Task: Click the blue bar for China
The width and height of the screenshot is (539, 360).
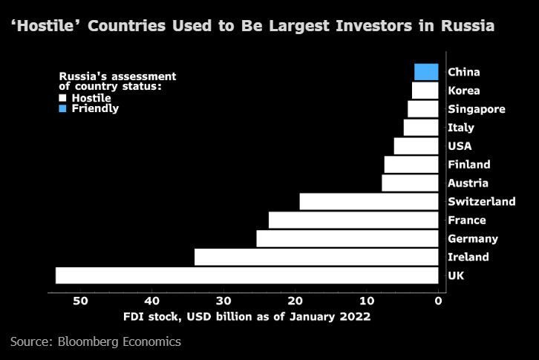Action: click(x=426, y=72)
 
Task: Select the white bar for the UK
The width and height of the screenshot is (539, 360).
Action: click(x=246, y=275)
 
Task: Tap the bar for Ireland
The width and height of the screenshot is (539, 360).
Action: click(x=316, y=257)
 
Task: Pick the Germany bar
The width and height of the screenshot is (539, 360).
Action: click(x=347, y=238)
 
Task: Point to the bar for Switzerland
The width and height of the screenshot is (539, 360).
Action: click(x=369, y=201)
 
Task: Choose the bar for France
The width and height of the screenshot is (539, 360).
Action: click(x=353, y=220)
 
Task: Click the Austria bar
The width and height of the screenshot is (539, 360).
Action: click(x=410, y=183)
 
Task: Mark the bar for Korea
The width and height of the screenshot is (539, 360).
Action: click(x=425, y=91)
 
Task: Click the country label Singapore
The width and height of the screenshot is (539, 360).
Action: click(x=477, y=109)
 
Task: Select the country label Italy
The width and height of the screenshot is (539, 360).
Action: click(x=461, y=128)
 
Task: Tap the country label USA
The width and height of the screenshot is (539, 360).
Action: click(x=460, y=146)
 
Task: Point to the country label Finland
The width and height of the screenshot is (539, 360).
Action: click(x=469, y=165)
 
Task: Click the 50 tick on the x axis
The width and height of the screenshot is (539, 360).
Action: click(x=80, y=301)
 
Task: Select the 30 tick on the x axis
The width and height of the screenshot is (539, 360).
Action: click(x=223, y=301)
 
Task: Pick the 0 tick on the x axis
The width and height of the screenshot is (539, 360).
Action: click(x=438, y=301)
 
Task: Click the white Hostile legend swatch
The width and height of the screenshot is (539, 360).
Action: click(x=63, y=97)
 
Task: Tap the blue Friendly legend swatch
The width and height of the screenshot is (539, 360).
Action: click(x=63, y=108)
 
